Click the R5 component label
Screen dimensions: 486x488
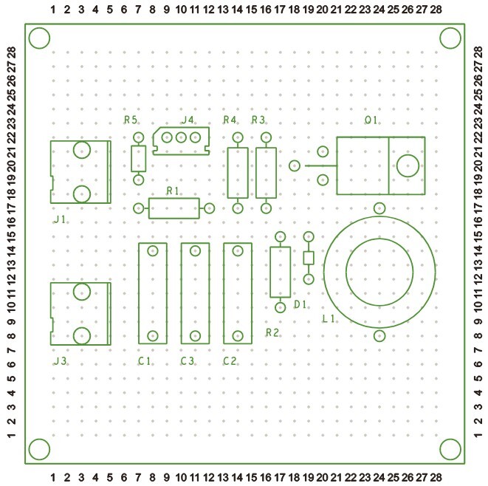coord(131,120)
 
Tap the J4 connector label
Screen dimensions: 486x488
coord(188,120)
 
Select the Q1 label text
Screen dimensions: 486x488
coord(371,120)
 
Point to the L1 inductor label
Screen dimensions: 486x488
coord(329,319)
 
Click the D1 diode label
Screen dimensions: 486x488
coord(300,304)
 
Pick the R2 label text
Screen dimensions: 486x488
coord(272,333)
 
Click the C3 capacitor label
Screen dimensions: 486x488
coord(188,361)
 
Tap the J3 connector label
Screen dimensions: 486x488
coord(61,361)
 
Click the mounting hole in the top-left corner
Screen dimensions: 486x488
coord(40,38)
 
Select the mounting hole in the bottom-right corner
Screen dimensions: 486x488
coord(450,448)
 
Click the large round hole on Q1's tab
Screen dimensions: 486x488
coord(407,165)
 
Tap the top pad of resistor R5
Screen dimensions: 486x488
coord(138,137)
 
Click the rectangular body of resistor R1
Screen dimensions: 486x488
coord(173,208)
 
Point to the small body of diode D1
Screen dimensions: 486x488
coord(309,258)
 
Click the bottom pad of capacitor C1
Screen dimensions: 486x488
coord(153,336)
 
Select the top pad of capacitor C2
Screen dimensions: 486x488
coord(238,250)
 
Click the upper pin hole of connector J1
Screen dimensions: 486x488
coord(82,151)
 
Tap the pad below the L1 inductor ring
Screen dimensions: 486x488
coord(379,336)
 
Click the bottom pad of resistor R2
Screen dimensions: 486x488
coord(280,307)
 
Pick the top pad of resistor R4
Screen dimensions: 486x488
coord(238,137)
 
